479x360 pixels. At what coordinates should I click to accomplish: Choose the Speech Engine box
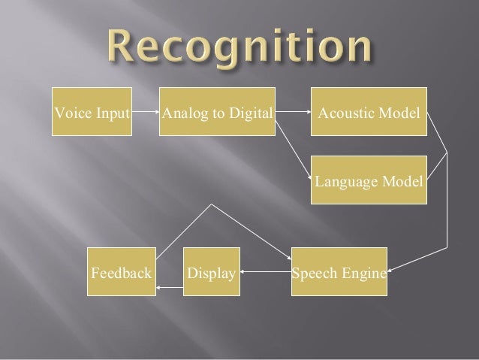point(339,271)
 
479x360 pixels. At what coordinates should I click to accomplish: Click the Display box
point(212,271)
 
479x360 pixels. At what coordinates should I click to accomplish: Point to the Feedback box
point(122,271)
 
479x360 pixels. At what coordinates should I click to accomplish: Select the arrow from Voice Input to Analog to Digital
point(146,114)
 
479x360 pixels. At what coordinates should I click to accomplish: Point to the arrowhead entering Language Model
point(308,178)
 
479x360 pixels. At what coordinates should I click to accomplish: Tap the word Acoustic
point(344,114)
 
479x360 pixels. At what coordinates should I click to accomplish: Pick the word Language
point(342,182)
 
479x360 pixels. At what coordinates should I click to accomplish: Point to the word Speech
point(315,271)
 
